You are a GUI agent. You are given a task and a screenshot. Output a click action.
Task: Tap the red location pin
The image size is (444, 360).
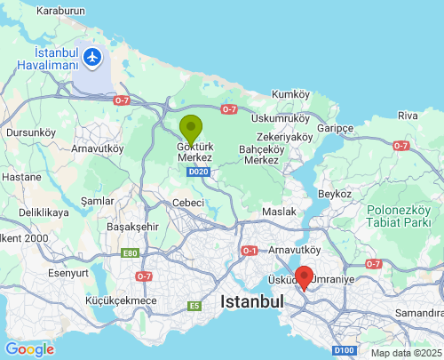[304, 277]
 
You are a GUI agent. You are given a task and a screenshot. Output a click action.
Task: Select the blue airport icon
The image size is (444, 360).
[94, 59]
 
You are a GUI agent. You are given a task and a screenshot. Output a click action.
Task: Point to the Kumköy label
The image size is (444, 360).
[290, 93]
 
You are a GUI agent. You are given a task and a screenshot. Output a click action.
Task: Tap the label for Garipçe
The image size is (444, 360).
[336, 128]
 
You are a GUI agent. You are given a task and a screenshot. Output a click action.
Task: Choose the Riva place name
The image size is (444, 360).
[408, 116]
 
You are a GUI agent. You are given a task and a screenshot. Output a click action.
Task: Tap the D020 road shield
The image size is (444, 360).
[199, 172]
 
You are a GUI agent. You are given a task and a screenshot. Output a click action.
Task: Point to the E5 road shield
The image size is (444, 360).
[194, 307]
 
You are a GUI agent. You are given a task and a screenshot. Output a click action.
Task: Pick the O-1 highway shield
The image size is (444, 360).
[250, 251]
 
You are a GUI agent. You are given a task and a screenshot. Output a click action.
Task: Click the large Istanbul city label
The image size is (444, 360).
[252, 302]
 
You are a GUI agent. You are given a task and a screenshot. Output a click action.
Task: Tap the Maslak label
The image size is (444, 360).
[278, 212]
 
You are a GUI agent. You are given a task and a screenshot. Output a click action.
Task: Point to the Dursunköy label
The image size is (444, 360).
[30, 132]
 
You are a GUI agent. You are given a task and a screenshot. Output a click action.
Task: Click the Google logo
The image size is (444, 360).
[29, 348]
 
